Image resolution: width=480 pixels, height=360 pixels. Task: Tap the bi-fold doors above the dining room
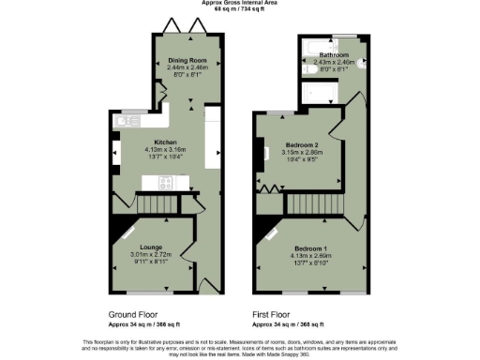click(x=187, y=27)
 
